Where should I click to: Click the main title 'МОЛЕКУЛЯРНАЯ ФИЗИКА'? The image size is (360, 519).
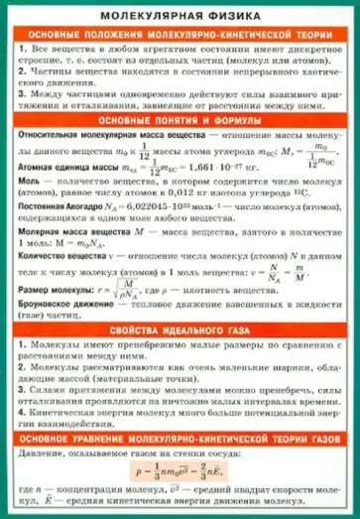tap(180, 14)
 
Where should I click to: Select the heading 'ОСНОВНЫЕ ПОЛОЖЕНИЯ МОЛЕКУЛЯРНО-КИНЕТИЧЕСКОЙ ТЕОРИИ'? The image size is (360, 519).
tap(180, 34)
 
